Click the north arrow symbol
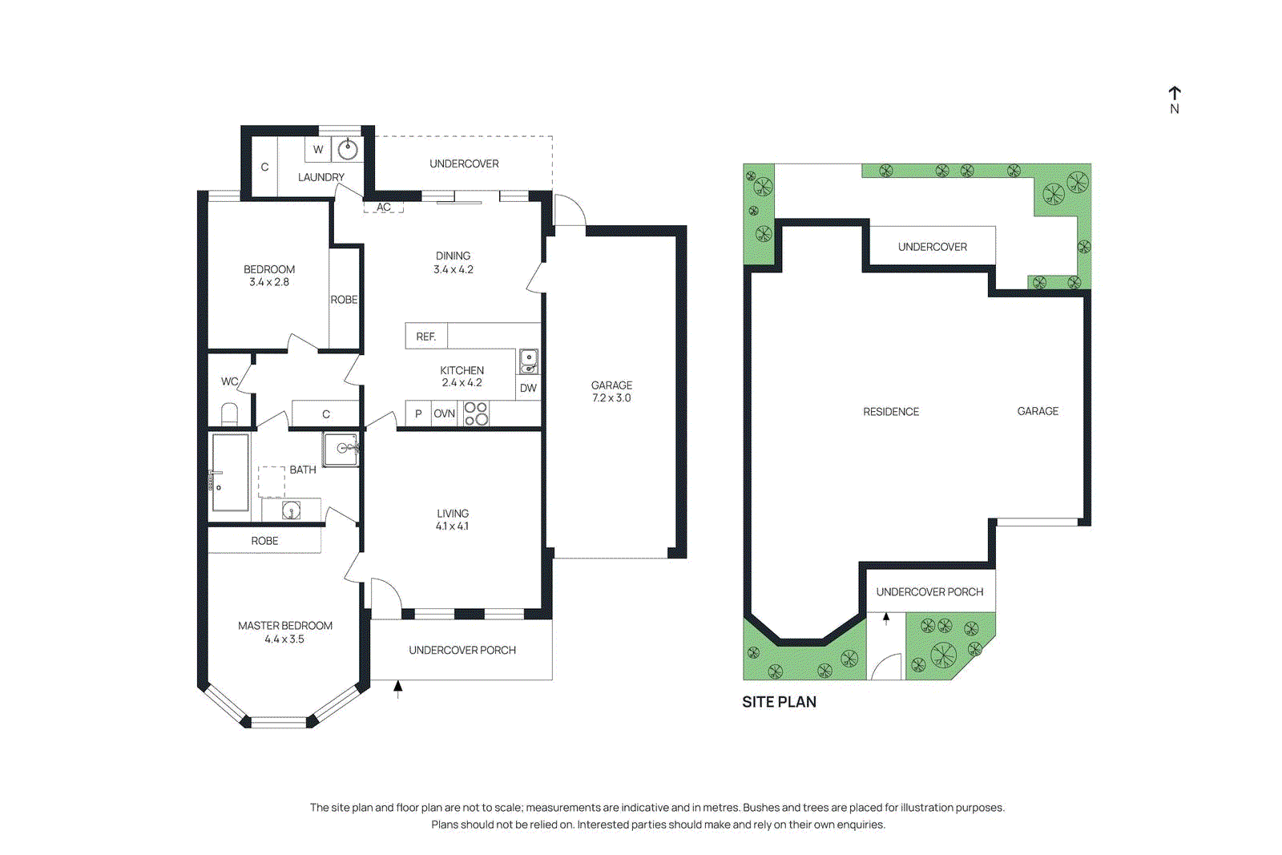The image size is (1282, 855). tap(1174, 95)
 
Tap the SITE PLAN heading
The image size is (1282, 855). tap(779, 702)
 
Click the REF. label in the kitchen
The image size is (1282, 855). tap(426, 337)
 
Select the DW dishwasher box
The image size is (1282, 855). tap(528, 388)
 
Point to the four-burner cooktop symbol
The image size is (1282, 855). tap(476, 413)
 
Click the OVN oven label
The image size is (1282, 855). tap(444, 413)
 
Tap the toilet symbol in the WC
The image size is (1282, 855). tap(229, 414)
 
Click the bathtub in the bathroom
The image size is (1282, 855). tap(230, 473)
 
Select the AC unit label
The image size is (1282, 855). tap(384, 207)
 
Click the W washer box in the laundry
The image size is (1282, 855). tap(318, 149)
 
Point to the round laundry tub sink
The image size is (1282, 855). tap(348, 149)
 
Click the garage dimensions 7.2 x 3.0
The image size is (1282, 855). tap(611, 398)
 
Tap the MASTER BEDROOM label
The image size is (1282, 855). tap(284, 626)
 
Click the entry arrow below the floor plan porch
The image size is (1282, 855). tap(397, 688)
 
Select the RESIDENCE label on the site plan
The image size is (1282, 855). tap(890, 412)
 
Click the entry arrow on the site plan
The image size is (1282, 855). tap(886, 618)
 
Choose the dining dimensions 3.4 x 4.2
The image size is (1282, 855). tap(454, 270)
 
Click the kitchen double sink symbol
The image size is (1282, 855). tap(529, 361)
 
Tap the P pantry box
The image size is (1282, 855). tap(418, 413)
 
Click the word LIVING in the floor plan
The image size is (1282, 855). tap(453, 514)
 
